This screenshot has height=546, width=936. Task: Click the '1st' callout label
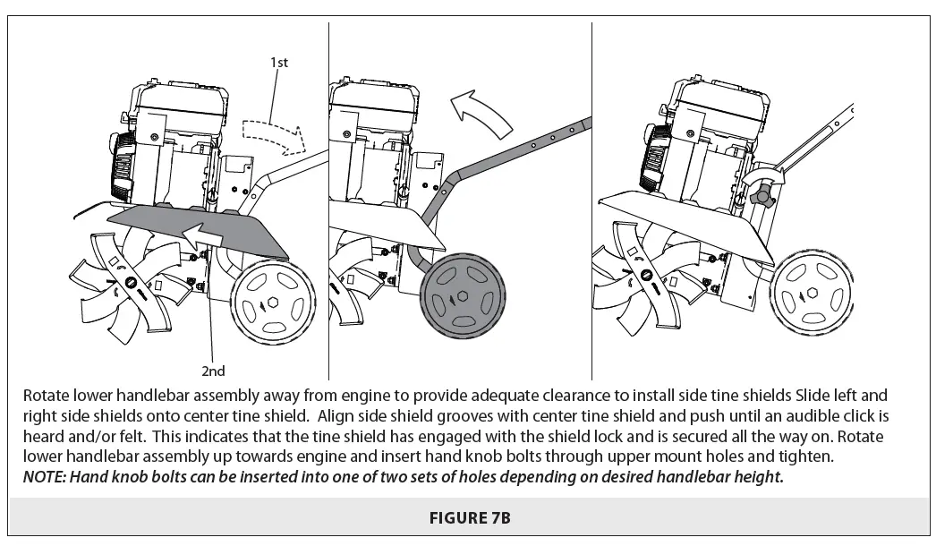279,63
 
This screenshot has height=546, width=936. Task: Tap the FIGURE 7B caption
467,517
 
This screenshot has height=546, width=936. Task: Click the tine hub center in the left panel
132,284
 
